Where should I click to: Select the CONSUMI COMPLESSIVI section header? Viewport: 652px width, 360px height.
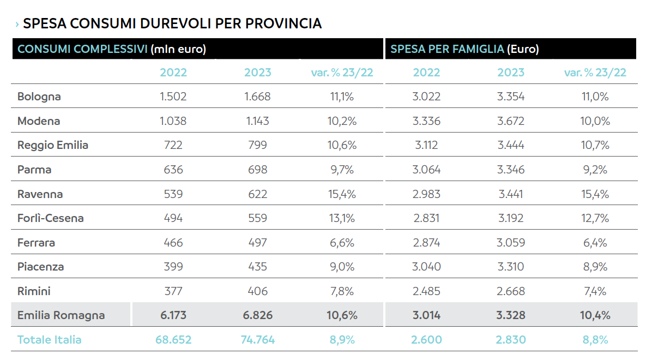[82, 49]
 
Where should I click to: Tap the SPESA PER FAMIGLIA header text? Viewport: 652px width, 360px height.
[447, 49]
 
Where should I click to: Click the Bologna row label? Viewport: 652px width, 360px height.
[39, 97]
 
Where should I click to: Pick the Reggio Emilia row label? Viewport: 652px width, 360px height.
[53, 145]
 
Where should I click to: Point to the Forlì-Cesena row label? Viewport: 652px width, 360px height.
[51, 218]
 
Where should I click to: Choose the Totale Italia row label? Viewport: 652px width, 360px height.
[50, 340]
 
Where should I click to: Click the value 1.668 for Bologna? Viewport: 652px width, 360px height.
[257, 97]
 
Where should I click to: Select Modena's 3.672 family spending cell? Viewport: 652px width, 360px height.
[511, 121]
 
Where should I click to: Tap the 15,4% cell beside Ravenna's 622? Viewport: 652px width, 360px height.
[342, 194]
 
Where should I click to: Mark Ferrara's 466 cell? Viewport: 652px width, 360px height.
[173, 243]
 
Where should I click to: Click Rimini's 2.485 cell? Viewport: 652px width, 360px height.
[426, 291]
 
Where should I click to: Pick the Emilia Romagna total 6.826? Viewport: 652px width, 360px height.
[257, 315]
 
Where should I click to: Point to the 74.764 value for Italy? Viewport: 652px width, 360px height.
[257, 340]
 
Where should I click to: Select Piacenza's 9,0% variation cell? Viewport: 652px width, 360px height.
[342, 267]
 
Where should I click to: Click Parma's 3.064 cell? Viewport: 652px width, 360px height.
[426, 170]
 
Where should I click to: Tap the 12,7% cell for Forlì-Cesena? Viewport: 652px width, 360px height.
[595, 218]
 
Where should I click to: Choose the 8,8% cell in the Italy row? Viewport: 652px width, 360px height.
[595, 340]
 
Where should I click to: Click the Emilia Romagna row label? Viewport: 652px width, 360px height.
[61, 315]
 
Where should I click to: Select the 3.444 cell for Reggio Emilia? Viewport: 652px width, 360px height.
[511, 145]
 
